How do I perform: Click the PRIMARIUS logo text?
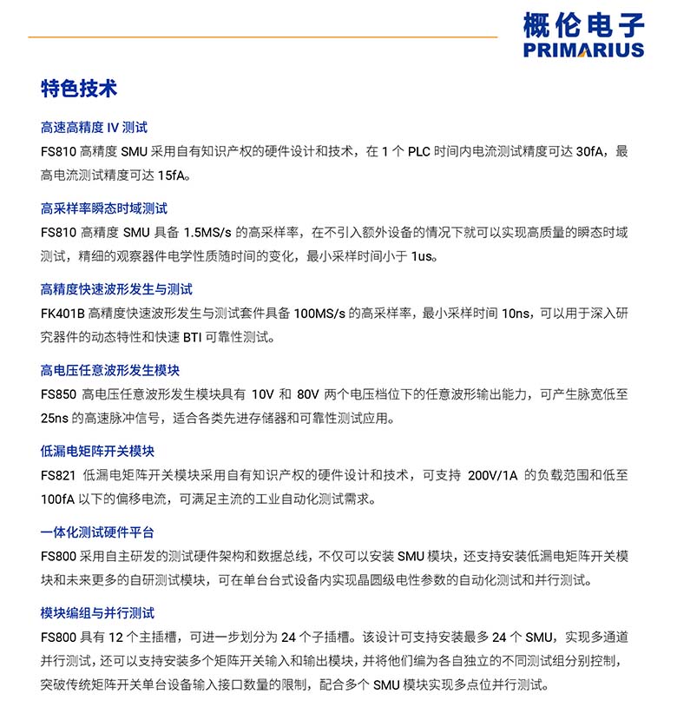(583, 50)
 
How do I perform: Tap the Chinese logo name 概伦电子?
(583, 23)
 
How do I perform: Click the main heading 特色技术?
(79, 89)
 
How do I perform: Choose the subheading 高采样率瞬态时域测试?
(104, 208)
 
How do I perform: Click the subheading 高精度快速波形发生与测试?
(116, 289)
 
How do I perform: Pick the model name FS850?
(58, 394)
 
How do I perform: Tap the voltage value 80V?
(308, 394)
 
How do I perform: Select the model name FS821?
(58, 475)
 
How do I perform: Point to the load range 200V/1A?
(492, 475)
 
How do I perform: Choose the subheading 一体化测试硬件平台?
(97, 532)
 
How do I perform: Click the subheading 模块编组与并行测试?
(97, 613)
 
